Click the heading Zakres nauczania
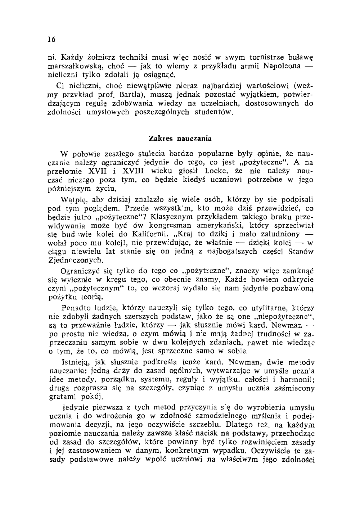click(x=180, y=139)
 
